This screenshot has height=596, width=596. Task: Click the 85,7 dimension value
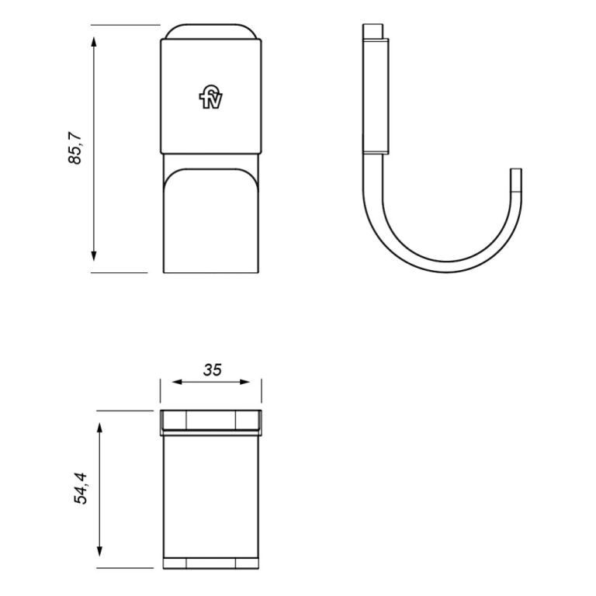pos(75,147)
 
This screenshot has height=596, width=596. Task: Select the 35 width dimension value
pos(212,369)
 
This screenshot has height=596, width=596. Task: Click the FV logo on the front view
pos(210,99)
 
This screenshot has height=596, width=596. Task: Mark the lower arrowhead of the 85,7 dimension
pos(94,255)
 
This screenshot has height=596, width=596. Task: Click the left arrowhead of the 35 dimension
pos(175,382)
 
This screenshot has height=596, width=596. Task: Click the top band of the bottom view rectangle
pos(210,420)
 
